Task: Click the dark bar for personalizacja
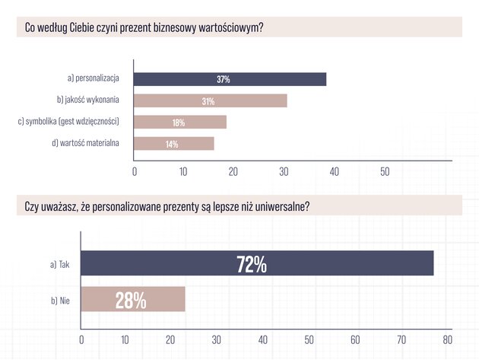(230, 79)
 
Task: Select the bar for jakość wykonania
(211, 100)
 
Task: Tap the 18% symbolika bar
(180, 122)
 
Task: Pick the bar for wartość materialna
(174, 143)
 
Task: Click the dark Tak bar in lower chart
(257, 263)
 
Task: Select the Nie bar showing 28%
(133, 299)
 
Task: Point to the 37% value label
(224, 79)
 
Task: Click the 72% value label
(252, 264)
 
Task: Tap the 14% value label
(172, 144)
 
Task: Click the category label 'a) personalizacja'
(94, 78)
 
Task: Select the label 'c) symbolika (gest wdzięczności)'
(68, 122)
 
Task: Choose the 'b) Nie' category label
(60, 301)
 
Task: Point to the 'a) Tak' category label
(60, 264)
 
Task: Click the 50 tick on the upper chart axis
(385, 172)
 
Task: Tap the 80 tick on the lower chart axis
(448, 339)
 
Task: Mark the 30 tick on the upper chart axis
(284, 172)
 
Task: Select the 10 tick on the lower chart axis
(125, 339)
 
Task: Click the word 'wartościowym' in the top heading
(231, 27)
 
